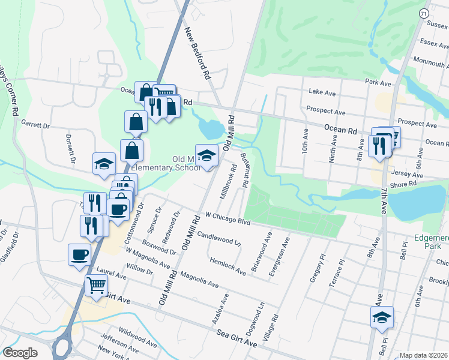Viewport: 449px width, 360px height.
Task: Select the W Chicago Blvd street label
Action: coord(227,217)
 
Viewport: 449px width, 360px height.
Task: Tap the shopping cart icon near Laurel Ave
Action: coord(96,287)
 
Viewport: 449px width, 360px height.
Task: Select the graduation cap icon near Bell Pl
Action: coord(381,317)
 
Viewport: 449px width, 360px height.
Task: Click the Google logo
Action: coord(20,353)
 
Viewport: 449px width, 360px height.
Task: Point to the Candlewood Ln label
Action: coord(218,239)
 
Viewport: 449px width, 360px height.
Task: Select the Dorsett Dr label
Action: coord(69,148)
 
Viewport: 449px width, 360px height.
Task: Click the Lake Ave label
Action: coord(322,93)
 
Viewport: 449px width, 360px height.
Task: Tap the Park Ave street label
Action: coord(378,80)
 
